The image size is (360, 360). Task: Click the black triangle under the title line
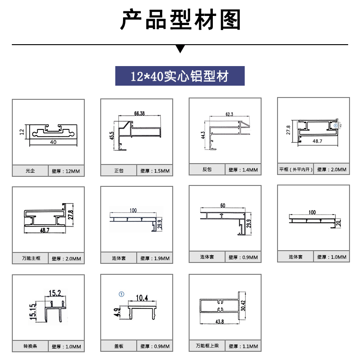pos(180,49)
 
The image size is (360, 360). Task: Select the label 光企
pos(30,171)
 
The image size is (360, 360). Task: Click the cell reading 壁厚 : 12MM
pos(66,171)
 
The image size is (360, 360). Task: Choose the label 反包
pos(207,170)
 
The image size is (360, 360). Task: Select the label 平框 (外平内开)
pos(296,170)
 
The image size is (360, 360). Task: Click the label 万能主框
pos(31,258)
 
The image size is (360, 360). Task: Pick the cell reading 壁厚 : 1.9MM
pos(155,258)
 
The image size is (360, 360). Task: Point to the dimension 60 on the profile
pos(222,206)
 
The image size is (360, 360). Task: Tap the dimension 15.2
pos(55,292)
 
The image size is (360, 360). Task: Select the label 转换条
pos(30,347)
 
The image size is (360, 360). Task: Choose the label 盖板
pos(119,347)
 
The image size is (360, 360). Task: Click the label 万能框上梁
pos(207,346)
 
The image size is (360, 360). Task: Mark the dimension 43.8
pos(220,322)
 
